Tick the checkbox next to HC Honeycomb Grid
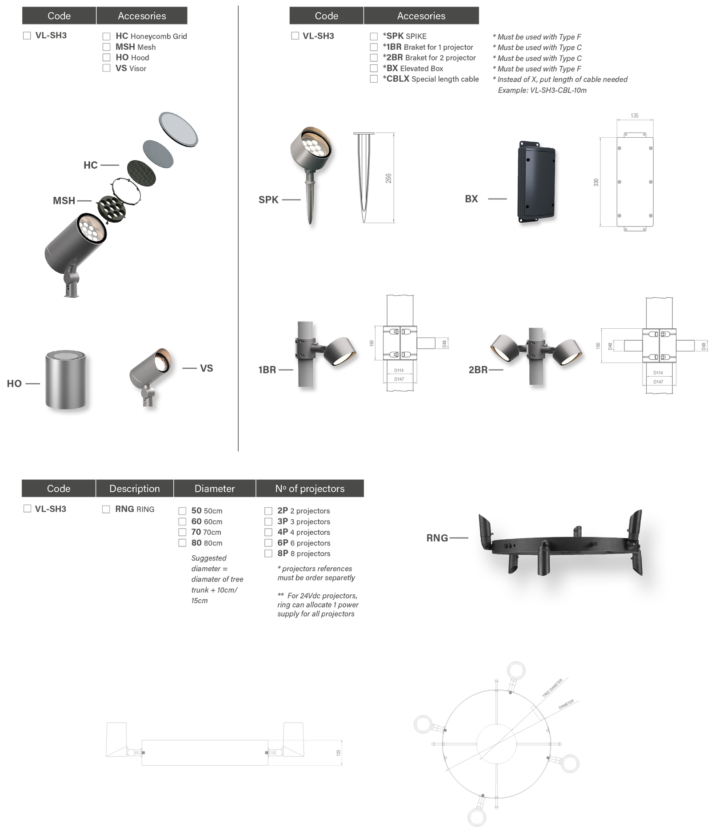(x=106, y=36)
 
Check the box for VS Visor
(x=106, y=68)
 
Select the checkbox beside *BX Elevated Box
(x=374, y=68)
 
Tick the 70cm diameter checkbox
(x=182, y=532)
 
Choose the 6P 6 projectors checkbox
(x=268, y=543)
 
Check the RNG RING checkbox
(x=106, y=509)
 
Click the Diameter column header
(x=215, y=489)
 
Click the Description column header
(x=135, y=489)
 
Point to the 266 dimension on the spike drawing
(x=388, y=178)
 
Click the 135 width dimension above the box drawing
(x=635, y=115)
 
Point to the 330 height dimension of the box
(x=596, y=182)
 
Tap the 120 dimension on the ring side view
(x=338, y=752)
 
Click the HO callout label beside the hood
(x=14, y=384)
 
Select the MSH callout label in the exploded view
(x=64, y=201)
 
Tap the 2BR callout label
(x=478, y=370)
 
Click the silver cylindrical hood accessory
(x=66, y=380)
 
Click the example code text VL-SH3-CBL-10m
(x=558, y=90)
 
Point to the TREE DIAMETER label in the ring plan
(x=552, y=688)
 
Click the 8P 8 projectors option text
(x=304, y=553)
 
